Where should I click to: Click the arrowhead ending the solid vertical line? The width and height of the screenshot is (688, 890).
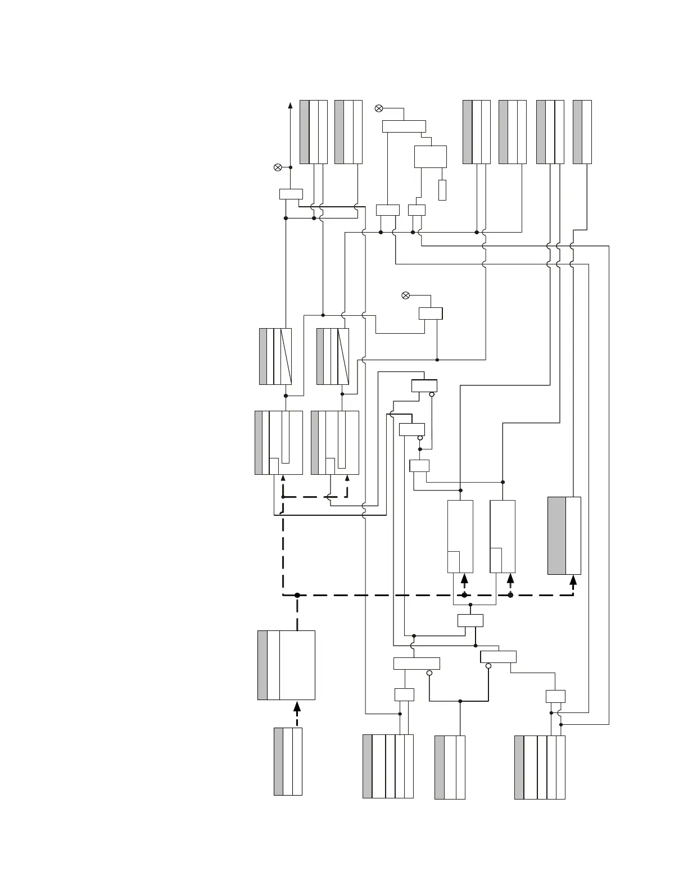pos(290,105)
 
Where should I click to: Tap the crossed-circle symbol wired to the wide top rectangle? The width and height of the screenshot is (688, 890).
pos(379,108)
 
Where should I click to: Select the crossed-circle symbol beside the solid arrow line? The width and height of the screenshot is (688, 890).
pos(277,167)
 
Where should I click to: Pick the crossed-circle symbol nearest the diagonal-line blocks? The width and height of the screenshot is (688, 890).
pos(406,296)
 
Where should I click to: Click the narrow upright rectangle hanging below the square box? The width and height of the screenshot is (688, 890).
pos(442,190)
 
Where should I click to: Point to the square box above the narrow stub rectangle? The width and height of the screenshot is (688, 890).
pos(431,157)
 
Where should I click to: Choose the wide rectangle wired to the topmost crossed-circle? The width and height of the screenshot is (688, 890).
pos(404,126)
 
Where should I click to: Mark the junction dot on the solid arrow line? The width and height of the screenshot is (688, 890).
pos(290,167)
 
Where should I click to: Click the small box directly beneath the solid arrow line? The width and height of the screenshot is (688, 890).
pos(291,194)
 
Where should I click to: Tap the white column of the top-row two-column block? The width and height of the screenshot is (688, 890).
pos(587,132)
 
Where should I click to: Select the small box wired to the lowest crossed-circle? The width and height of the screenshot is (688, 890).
pos(431,313)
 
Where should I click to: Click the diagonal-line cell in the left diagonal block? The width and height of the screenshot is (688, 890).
pos(286,356)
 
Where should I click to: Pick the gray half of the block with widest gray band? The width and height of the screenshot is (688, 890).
pos(556,535)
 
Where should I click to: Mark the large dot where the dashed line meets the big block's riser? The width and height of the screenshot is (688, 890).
pos(297,595)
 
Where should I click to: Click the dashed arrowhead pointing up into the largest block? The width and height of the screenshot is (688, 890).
pos(297,706)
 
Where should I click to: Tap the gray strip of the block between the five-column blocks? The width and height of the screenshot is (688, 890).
pos(440,767)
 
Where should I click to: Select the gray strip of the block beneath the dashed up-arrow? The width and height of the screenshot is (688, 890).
pos(278,761)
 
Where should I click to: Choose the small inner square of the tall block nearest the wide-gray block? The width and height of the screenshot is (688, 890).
pos(496,560)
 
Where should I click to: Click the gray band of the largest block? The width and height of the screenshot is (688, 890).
pos(262,665)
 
